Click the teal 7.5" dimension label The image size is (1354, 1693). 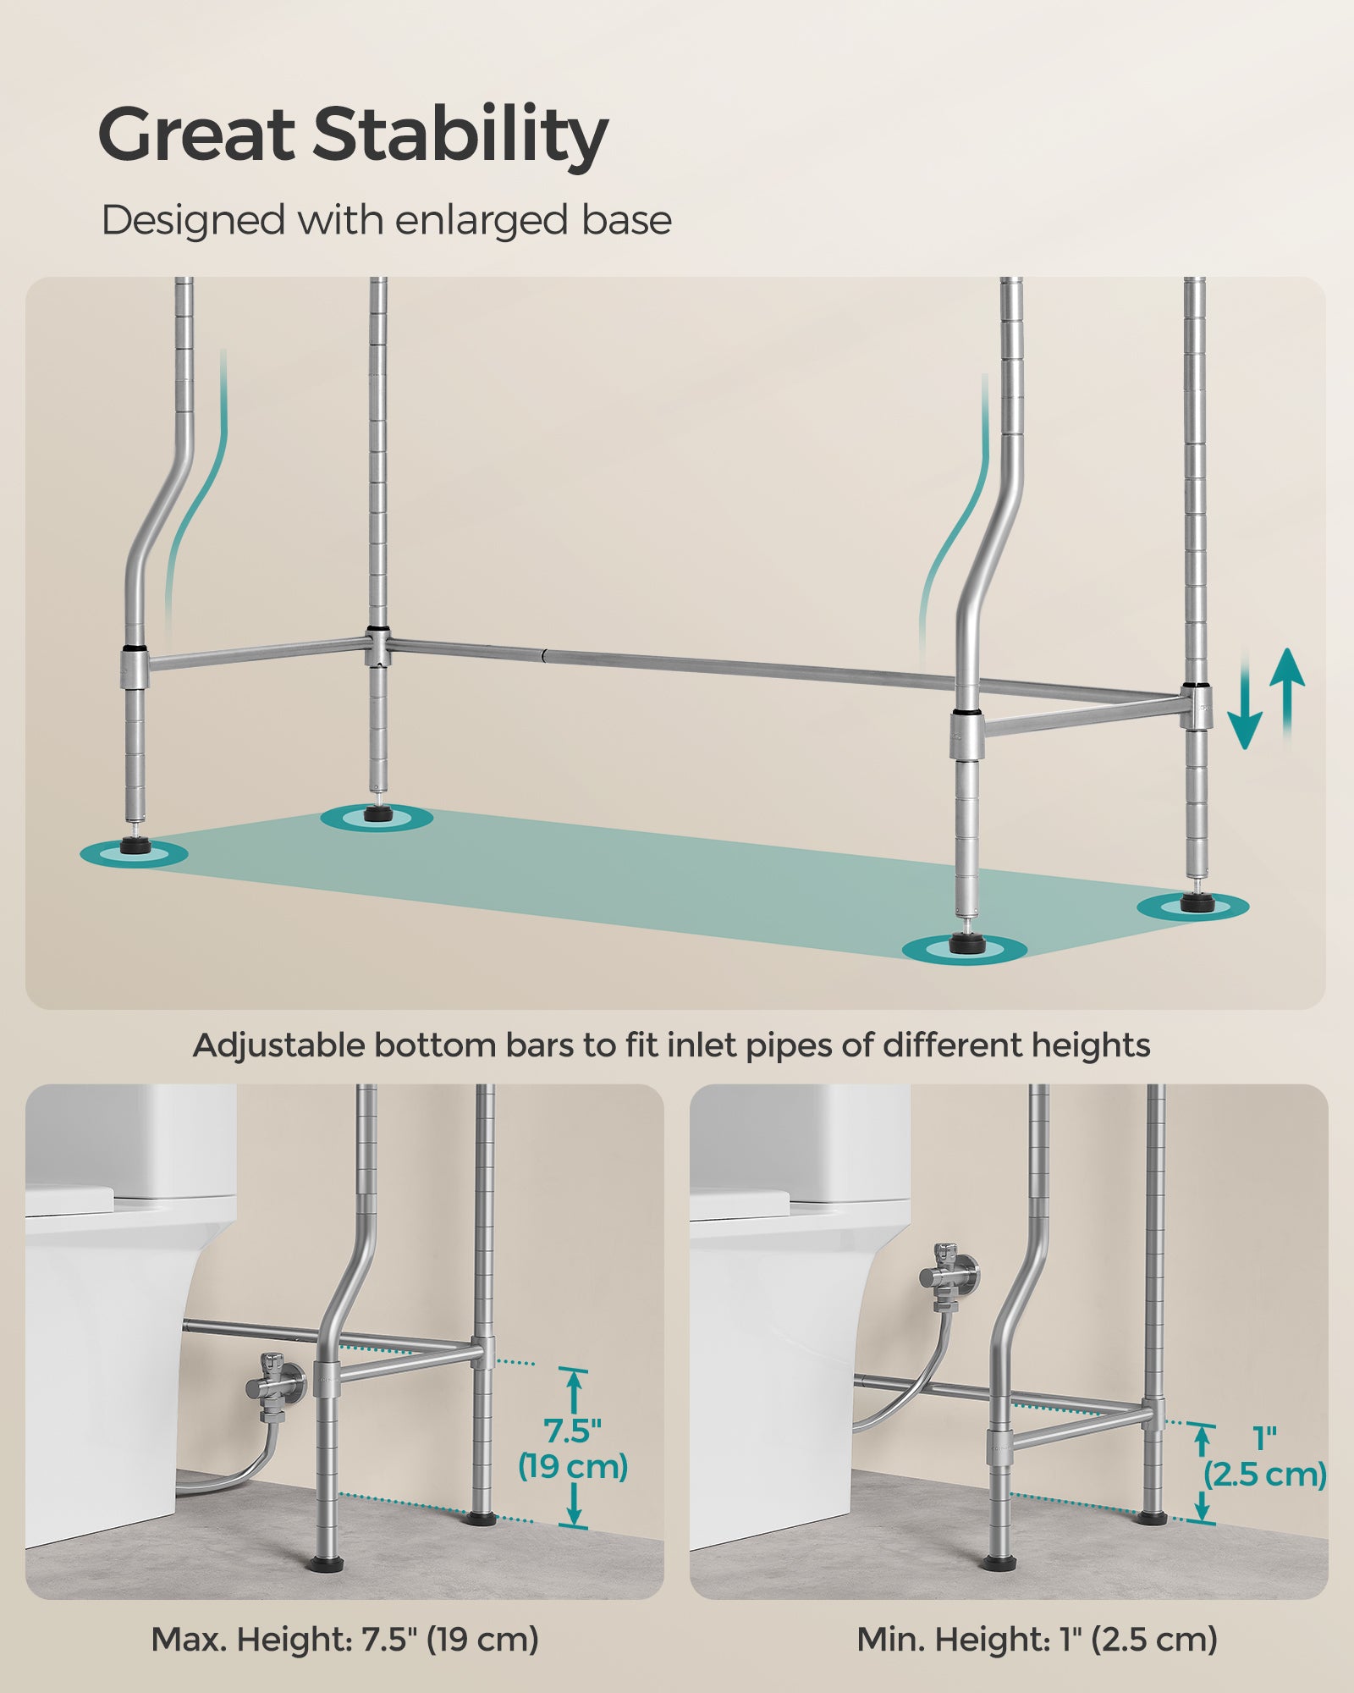pyautogui.click(x=572, y=1431)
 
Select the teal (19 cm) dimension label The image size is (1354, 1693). pyautogui.click(x=573, y=1466)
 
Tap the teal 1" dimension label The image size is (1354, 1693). pyautogui.click(x=1264, y=1437)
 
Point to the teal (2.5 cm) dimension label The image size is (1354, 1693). pyautogui.click(x=1265, y=1475)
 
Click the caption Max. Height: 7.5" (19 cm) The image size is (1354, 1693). pyautogui.click(x=345, y=1640)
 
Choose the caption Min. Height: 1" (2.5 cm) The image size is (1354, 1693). pyautogui.click(x=1037, y=1640)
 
